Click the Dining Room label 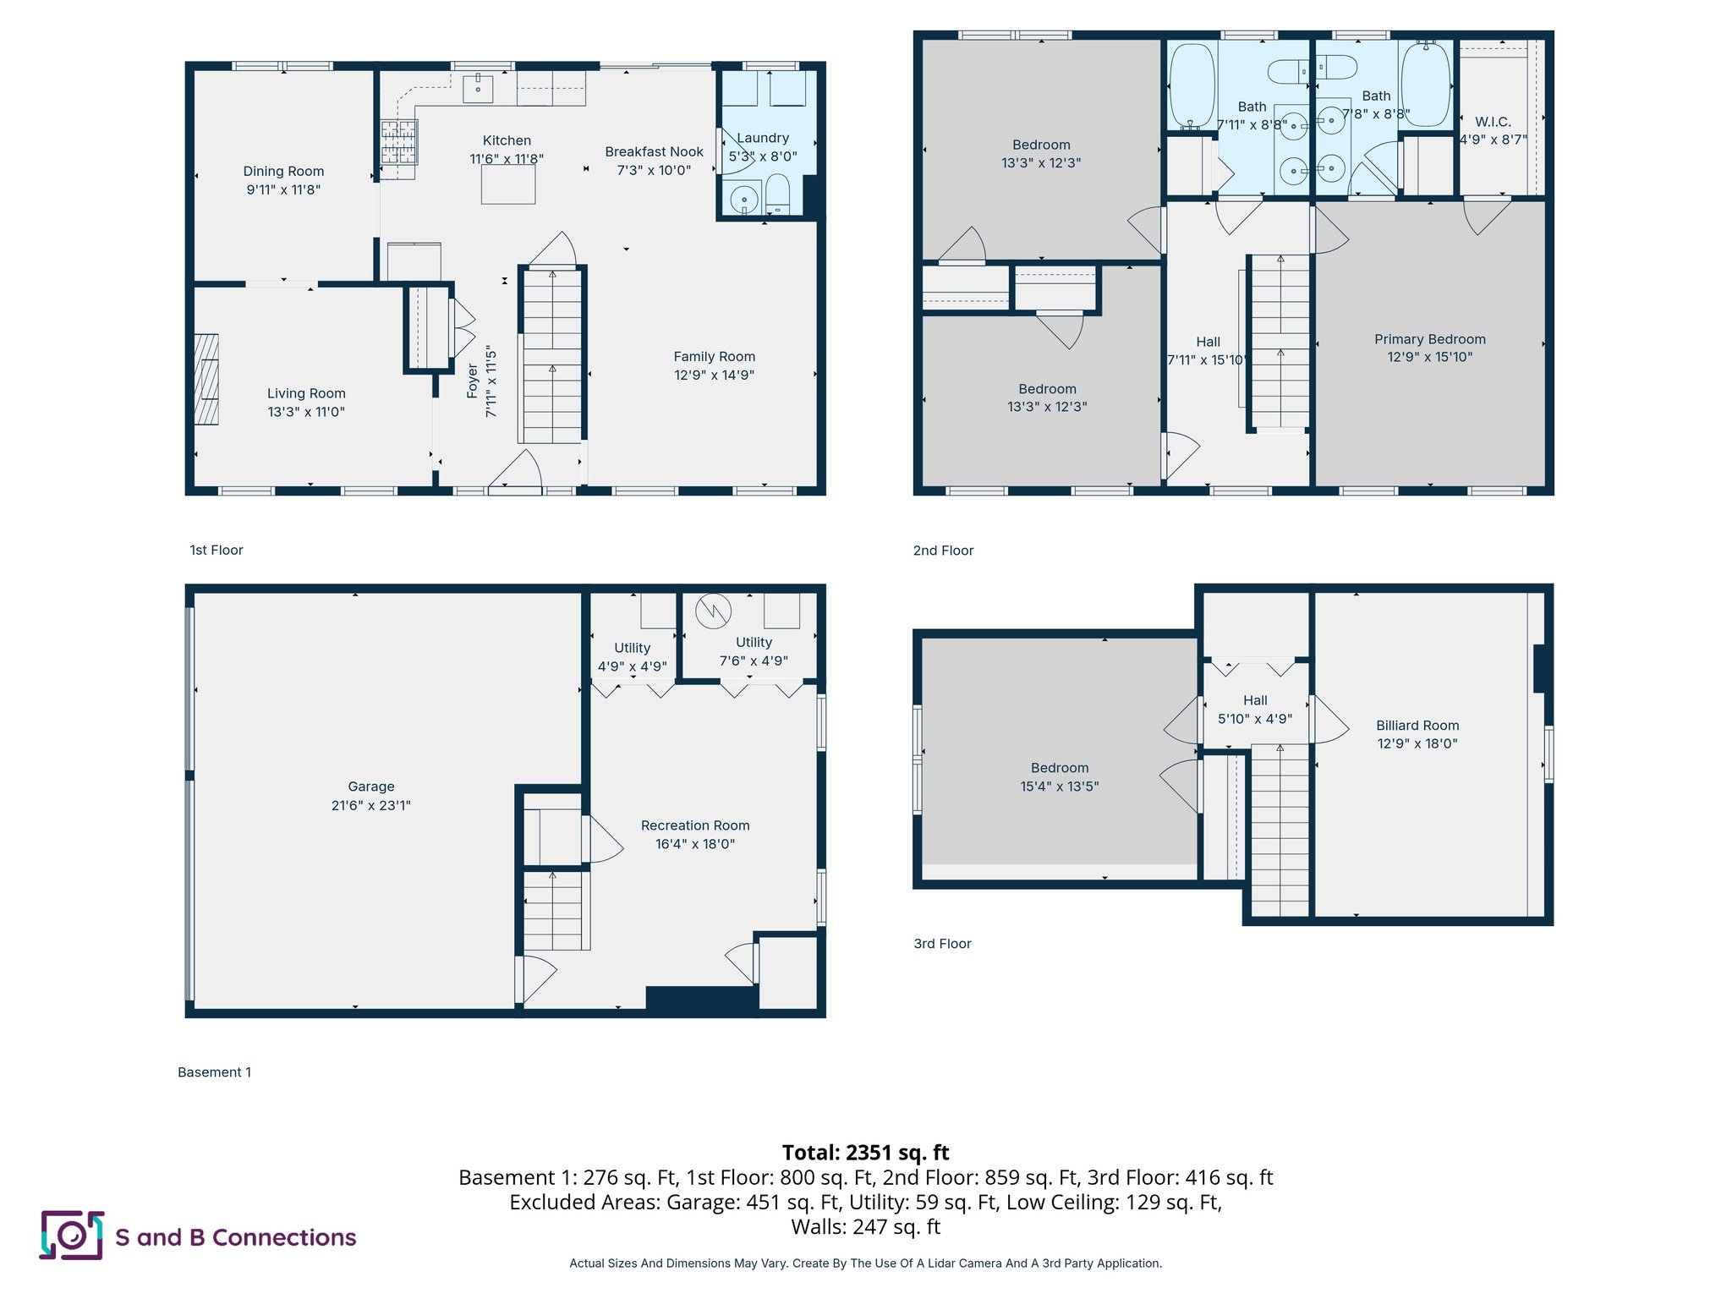point(283,171)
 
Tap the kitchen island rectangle point(508,184)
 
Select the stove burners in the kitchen point(399,141)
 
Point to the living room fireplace point(206,379)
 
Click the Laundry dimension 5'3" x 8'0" point(763,156)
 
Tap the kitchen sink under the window point(478,88)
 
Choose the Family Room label point(714,357)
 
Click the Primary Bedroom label point(1429,339)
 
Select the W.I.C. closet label point(1493,122)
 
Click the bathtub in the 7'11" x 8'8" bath point(1192,85)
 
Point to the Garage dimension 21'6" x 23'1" point(370,805)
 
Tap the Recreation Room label point(695,825)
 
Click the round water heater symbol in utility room point(713,611)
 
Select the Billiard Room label point(1417,726)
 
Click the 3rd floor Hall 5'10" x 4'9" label point(1255,710)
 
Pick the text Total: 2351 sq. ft point(865,1153)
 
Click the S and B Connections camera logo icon point(72,1236)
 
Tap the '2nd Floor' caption point(943,551)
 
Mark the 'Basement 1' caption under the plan point(214,1072)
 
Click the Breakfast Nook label point(654,152)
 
